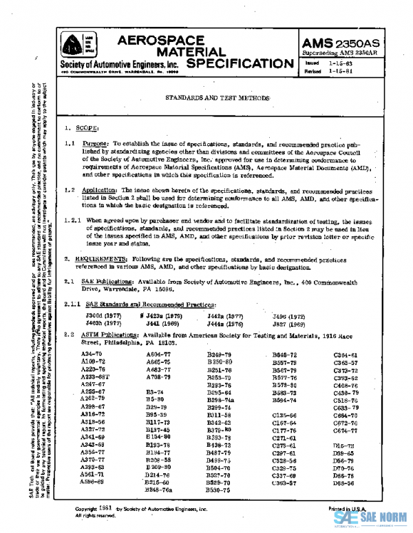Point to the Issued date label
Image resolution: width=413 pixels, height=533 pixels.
(x=313, y=62)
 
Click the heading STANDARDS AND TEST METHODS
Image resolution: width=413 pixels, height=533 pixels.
(x=216, y=98)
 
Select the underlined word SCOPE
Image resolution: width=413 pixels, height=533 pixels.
(x=87, y=128)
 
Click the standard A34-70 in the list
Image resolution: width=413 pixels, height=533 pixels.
(x=92, y=353)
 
